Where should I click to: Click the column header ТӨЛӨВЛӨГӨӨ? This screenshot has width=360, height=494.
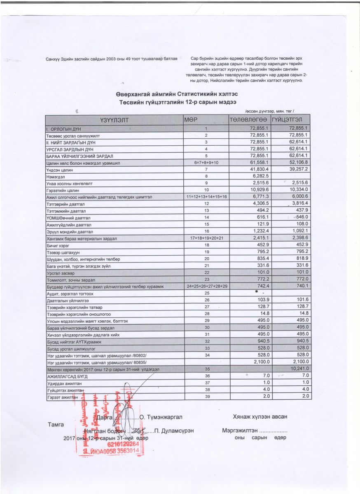coord(249,120)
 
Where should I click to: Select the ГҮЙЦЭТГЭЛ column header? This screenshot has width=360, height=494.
coord(290,120)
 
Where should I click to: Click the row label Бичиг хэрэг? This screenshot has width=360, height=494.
coord(58,245)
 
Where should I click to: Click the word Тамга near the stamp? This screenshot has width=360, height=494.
coord(56,424)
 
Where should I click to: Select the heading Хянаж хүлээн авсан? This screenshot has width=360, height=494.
coord(260,417)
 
